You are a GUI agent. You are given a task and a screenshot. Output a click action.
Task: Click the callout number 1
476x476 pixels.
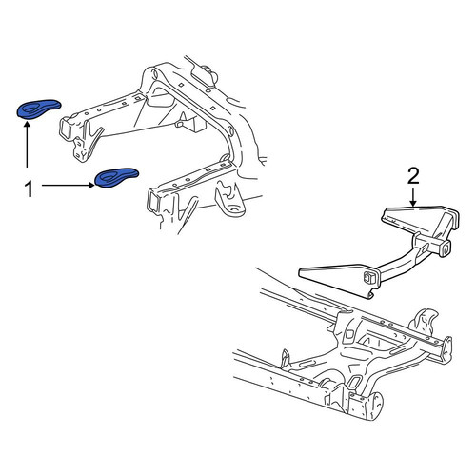coord(29,189)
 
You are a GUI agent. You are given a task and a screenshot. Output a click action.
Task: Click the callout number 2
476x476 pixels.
coord(413,176)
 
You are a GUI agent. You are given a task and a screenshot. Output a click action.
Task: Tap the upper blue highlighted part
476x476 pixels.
coord(38,109)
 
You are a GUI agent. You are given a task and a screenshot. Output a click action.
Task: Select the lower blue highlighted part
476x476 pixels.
coord(117,177)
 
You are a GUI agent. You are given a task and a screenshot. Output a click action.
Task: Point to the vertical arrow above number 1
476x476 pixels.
coord(27,145)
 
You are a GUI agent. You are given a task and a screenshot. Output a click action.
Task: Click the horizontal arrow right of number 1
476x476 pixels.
coord(69,185)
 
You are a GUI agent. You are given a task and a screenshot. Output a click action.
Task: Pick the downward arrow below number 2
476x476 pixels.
coord(413,197)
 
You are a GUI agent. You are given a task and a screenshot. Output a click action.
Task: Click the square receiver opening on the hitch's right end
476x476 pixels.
coord(445,248)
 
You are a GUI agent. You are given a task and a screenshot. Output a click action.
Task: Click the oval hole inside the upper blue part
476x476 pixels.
coord(30,109)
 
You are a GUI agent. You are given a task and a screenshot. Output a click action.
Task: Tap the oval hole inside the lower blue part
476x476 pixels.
coord(109,176)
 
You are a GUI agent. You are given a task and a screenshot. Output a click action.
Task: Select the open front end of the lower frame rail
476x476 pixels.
coord(154,199)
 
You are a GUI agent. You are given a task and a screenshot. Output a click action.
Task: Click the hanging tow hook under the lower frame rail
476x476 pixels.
coord(229,200)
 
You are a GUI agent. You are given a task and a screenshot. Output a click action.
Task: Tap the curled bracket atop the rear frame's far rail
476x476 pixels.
coord(426,322)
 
